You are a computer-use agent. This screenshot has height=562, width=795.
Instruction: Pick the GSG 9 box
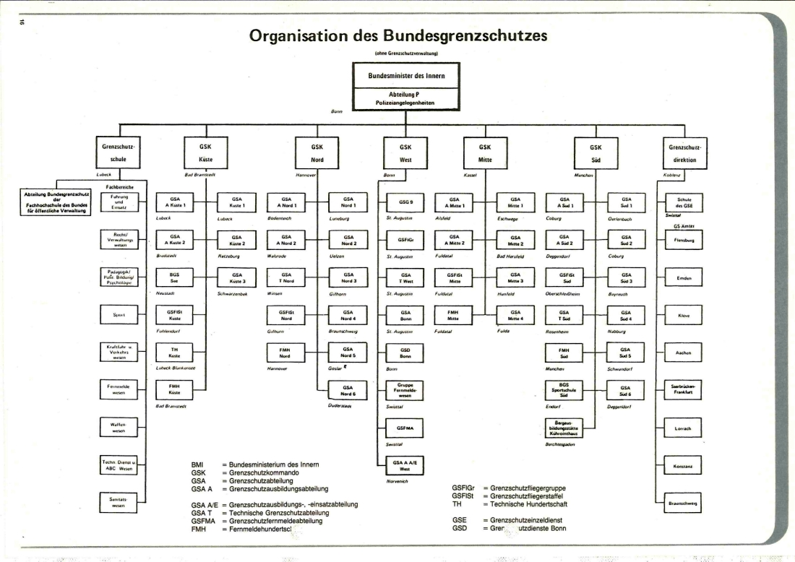tap(405, 202)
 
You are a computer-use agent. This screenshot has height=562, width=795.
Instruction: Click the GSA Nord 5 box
tap(348, 352)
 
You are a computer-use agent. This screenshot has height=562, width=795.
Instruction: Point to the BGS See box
tap(175, 278)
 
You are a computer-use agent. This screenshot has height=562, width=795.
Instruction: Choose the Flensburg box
tap(683, 241)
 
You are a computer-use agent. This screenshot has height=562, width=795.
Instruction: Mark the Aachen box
tap(683, 353)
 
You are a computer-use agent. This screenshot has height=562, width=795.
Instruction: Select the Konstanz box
tap(683, 466)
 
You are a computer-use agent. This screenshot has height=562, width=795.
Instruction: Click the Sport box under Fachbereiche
tap(119, 315)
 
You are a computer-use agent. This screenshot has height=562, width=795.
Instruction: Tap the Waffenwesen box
tap(119, 428)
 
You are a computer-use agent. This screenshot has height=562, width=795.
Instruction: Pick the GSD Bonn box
tap(405, 353)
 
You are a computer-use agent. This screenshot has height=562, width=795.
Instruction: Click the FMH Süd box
tap(564, 353)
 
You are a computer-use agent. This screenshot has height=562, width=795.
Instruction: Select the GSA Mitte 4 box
tap(515, 315)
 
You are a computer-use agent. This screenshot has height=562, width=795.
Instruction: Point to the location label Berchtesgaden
tap(559, 444)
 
